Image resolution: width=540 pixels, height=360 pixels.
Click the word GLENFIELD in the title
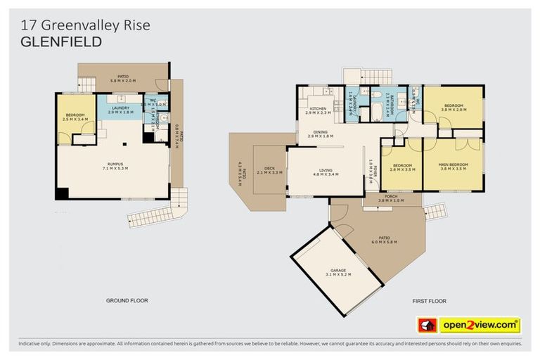coord(61,42)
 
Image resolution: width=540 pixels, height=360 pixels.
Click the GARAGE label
coord(339,271)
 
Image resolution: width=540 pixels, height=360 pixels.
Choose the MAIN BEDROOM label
coord(453,167)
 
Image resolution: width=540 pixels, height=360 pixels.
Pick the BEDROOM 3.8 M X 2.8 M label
coord(453,108)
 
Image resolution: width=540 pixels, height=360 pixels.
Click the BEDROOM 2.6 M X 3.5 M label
coord(401,167)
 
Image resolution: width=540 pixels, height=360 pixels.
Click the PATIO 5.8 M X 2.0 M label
coord(123,78)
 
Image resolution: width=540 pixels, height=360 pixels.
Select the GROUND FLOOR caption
coord(127,300)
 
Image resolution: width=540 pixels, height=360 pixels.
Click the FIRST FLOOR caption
coord(429,300)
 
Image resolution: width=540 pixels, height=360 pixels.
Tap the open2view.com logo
coord(480,325)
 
